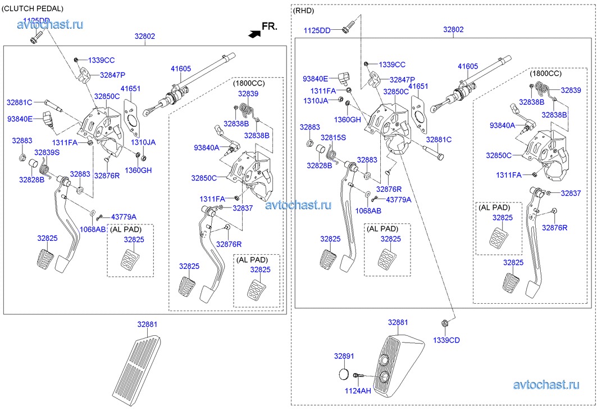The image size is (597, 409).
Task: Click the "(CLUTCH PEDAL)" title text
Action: pyautogui.click(x=33, y=8)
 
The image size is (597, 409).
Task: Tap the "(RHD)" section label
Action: pyautogui.click(x=304, y=10)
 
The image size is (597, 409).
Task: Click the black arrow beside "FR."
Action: pyautogui.click(x=254, y=34)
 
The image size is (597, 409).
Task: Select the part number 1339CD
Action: pyautogui.click(x=446, y=340)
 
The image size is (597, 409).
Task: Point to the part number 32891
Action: pyautogui.click(x=344, y=356)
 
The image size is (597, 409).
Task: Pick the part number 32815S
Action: pyautogui.click(x=333, y=137)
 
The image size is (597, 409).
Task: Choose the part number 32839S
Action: pyautogui.click(x=47, y=152)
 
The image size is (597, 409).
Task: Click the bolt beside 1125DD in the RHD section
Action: pyautogui.click(x=348, y=27)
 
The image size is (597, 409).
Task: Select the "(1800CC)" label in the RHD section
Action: pyautogui.click(x=545, y=73)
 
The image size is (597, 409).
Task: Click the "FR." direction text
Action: pyautogui.click(x=270, y=26)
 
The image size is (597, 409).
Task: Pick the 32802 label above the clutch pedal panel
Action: pyautogui.click(x=144, y=36)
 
